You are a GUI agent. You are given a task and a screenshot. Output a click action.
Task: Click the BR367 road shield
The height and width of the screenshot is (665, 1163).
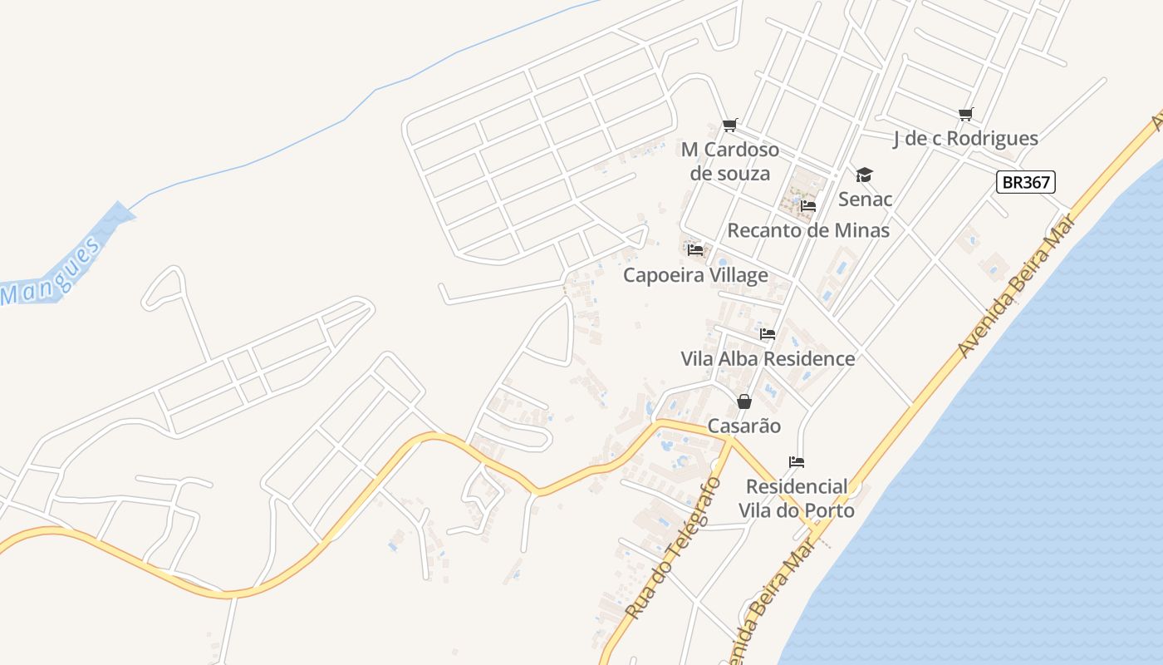point(1025,182)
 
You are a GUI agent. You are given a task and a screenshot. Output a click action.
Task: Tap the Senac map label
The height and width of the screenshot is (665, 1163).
point(865,199)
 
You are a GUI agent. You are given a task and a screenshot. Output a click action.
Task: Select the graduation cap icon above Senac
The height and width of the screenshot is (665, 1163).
point(865,175)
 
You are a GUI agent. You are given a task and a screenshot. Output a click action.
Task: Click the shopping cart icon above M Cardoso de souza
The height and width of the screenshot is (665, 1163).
point(730,126)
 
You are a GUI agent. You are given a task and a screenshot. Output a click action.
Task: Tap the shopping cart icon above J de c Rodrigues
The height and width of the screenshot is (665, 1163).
point(965,114)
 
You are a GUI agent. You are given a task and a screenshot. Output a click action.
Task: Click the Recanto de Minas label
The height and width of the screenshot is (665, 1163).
point(808,230)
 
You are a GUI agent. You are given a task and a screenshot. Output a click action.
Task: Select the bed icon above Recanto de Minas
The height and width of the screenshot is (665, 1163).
point(808,206)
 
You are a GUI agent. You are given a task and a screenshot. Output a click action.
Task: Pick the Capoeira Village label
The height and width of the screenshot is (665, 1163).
point(696,274)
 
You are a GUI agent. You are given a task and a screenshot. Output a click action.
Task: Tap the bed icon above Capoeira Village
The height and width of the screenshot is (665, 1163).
point(696,249)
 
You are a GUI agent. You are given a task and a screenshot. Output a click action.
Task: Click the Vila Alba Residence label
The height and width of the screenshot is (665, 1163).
point(768,358)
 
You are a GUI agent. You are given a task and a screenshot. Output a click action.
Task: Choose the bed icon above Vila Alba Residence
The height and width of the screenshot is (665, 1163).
point(768,334)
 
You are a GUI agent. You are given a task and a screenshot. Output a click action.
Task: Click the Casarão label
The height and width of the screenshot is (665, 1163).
point(744,426)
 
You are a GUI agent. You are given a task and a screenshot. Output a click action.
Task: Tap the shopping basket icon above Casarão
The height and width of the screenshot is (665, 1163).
point(744,402)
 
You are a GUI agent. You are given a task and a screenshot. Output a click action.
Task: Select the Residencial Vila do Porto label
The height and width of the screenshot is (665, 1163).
point(799,498)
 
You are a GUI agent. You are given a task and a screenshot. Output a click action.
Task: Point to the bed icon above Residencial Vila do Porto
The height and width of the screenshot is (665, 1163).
point(797,462)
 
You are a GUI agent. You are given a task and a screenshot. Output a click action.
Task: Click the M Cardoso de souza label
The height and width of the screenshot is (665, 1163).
point(730,161)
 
